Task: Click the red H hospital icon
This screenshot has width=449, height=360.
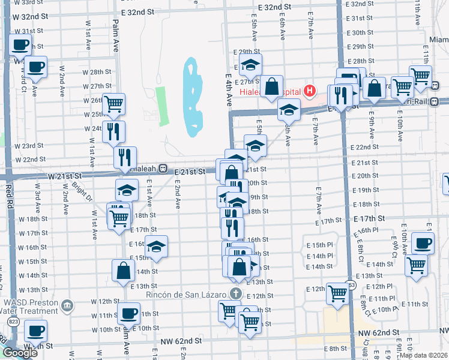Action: pyautogui.click(x=310, y=92)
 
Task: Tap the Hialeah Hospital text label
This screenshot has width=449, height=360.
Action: pyautogui.click(x=270, y=92)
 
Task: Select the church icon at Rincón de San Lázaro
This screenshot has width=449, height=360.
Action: pyautogui.click(x=236, y=294)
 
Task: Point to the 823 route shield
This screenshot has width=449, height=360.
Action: pyautogui.click(x=12, y=322)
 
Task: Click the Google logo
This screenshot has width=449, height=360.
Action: pyautogui.click(x=20, y=353)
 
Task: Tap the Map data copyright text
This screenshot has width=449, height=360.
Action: pyautogui.click(x=423, y=355)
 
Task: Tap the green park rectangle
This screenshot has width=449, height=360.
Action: pyautogui.click(x=161, y=106)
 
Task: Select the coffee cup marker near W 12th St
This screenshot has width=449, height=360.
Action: pyautogui.click(x=128, y=313)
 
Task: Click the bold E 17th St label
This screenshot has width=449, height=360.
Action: pyautogui.click(x=367, y=221)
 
